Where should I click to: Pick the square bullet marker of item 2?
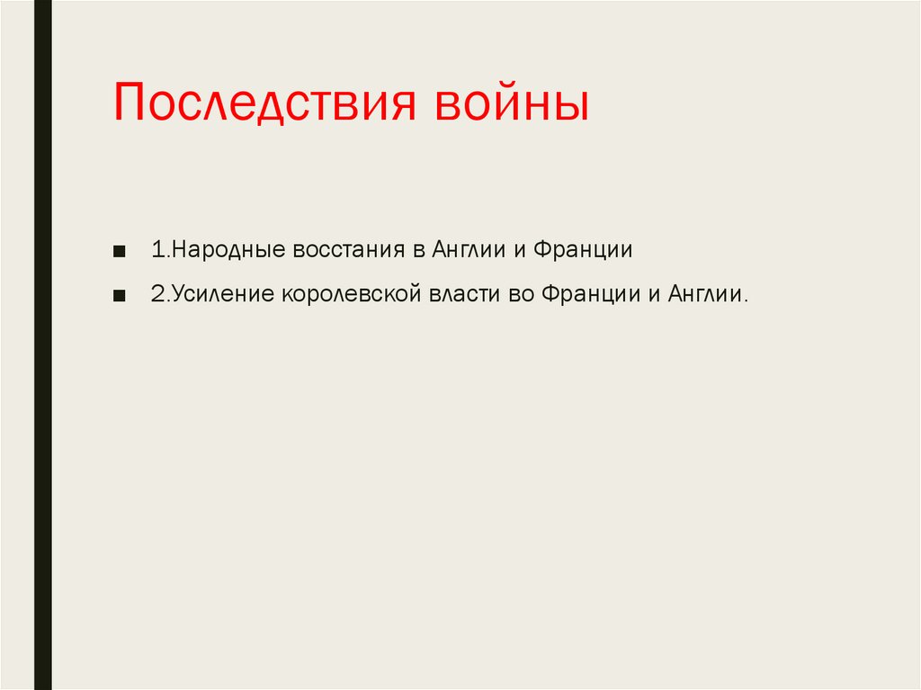tap(120, 295)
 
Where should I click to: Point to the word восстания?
tap(349, 250)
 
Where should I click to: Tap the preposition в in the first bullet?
tap(418, 250)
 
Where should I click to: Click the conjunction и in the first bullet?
tap(519, 250)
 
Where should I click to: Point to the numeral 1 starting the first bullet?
tap(156, 250)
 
